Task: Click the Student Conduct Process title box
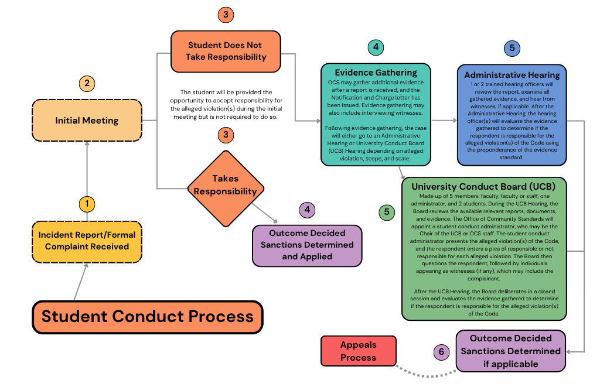point(148,317)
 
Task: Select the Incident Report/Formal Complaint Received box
point(87,241)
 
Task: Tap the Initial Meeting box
point(87,121)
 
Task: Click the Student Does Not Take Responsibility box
point(226,51)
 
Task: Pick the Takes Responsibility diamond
point(226,185)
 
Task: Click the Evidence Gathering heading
point(376,73)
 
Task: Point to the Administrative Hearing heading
point(512,75)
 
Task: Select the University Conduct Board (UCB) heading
point(483,186)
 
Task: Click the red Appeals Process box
point(358,351)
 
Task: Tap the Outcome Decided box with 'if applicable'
point(510,351)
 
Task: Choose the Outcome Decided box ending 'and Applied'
point(307,245)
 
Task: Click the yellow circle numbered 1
point(87,204)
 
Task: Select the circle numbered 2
point(87,84)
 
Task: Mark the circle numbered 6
point(441,352)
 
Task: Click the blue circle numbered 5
point(512,48)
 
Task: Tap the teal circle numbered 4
point(376,47)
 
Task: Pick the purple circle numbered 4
point(306,210)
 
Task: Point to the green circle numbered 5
point(386,212)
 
